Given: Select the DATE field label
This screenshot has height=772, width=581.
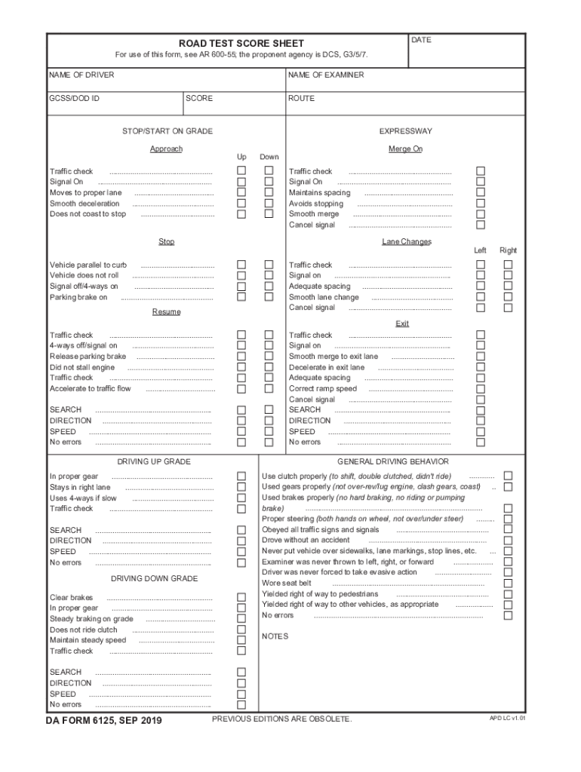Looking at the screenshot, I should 422,40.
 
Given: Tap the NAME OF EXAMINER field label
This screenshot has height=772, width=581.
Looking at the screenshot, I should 326,75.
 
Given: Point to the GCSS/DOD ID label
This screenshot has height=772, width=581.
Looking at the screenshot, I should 75,99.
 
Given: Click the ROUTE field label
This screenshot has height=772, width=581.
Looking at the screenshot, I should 302,99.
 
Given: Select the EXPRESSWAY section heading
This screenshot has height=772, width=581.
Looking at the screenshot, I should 405,131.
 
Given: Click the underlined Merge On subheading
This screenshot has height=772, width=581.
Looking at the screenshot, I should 405,149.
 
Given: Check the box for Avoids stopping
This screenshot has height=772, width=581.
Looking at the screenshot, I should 481,204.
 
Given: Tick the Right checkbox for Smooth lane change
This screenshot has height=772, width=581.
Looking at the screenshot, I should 508,297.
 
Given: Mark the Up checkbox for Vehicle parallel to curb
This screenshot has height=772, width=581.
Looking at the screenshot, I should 241,265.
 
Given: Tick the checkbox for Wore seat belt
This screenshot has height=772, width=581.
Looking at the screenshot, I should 508,583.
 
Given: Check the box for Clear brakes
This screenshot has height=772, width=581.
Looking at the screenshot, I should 241,597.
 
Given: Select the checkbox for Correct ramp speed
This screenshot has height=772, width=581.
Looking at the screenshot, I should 481,389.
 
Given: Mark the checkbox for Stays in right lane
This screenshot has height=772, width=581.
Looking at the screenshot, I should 241,487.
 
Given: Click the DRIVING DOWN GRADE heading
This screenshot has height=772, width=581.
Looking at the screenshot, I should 154,579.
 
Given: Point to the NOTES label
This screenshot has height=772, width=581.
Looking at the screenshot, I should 275,636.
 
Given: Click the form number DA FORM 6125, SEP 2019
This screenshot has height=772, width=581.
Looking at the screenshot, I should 105,721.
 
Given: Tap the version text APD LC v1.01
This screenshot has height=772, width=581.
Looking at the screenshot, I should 507,718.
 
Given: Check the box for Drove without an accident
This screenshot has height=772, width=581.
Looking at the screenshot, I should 508,540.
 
